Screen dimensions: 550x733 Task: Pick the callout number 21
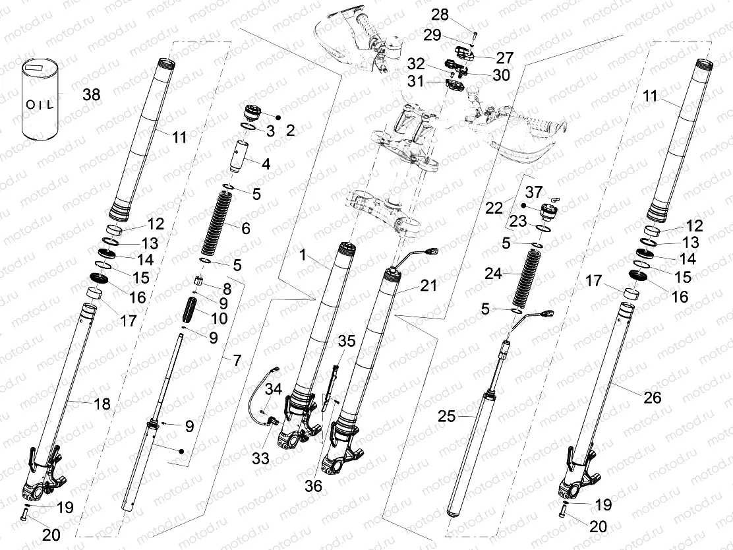coord(428,286)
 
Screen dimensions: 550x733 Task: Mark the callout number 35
coord(347,341)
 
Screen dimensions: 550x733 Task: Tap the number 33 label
coord(261,458)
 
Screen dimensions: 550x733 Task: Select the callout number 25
coord(448,417)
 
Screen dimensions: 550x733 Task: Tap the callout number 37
coord(535,191)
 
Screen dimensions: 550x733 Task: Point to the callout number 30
coord(501,75)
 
